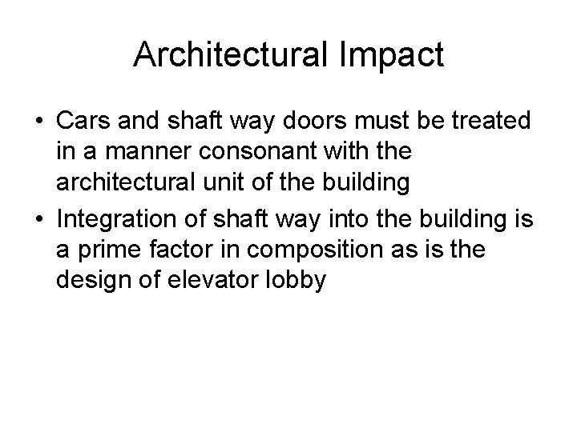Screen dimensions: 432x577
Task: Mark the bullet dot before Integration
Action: pyautogui.click(x=39, y=214)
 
